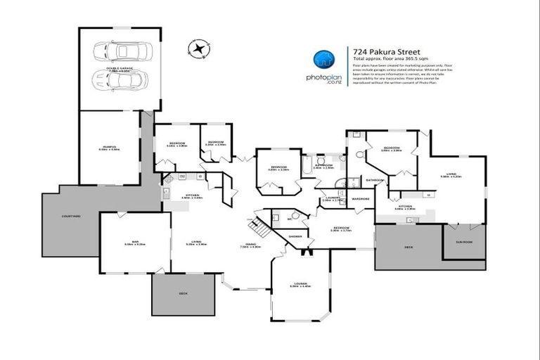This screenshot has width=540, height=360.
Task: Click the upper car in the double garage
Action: (x=117, y=51)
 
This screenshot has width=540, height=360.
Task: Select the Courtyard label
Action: (x=71, y=216)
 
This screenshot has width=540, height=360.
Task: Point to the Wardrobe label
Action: (x=361, y=199)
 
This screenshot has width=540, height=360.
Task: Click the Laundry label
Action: (x=333, y=198)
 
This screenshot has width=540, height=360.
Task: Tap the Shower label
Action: (x=295, y=236)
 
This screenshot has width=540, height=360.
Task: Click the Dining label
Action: (x=250, y=243)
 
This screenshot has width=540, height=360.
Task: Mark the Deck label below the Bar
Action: (x=184, y=292)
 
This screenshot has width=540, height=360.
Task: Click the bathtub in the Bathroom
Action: (x=307, y=166)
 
